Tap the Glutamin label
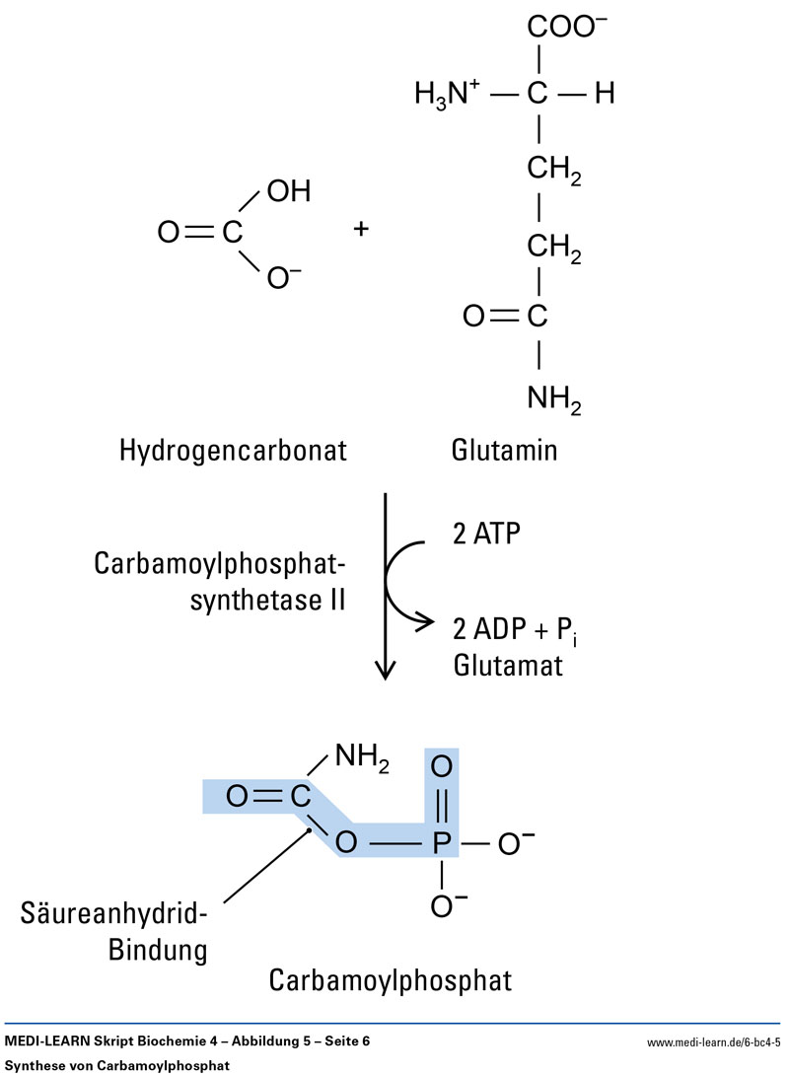[x=504, y=451]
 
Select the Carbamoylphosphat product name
[x=391, y=981]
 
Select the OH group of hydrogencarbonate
[x=288, y=192]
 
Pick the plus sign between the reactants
[x=361, y=231]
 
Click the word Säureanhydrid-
[x=113, y=913]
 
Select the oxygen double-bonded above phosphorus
[x=443, y=766]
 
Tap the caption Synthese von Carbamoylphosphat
[x=116, y=1065]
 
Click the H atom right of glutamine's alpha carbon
[x=604, y=95]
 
